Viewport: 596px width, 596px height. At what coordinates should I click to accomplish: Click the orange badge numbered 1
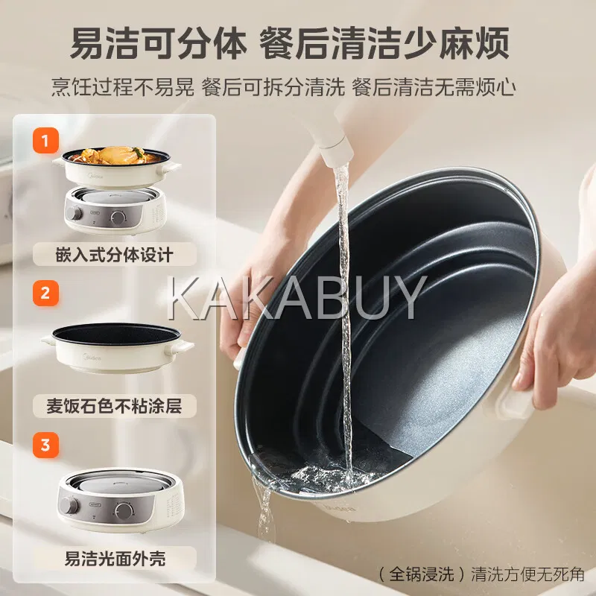[45, 141]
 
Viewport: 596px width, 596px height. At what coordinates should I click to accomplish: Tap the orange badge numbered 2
[45, 293]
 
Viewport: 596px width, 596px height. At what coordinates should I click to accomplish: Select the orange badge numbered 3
[45, 445]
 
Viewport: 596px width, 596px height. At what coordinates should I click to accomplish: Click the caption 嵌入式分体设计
[115, 255]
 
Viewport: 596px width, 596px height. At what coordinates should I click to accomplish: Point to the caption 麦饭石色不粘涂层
[115, 406]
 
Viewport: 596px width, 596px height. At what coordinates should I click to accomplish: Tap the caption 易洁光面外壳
[115, 558]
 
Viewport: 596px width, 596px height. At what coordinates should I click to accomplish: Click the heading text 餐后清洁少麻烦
[384, 42]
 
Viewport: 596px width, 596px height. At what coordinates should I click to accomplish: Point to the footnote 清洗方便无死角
[527, 574]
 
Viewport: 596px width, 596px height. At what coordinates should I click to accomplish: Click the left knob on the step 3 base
[70, 507]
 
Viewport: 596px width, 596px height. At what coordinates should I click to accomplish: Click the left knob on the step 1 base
[73, 213]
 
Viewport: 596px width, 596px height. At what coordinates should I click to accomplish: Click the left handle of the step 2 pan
[49, 340]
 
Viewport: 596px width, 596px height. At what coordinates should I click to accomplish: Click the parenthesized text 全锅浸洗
[422, 574]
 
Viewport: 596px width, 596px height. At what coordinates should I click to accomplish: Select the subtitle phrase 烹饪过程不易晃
[123, 87]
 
